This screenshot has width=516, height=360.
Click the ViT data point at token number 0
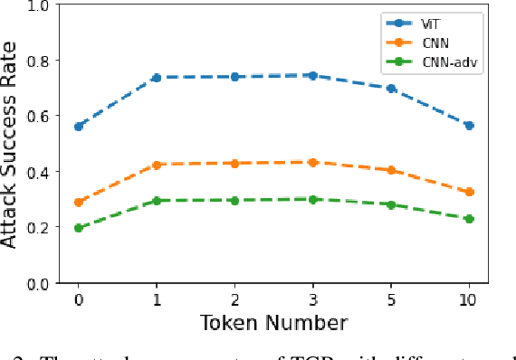(x=79, y=127)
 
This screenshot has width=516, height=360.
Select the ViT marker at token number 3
(x=313, y=76)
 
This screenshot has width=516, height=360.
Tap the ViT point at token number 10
(x=469, y=126)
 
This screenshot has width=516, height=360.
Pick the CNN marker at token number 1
(x=157, y=166)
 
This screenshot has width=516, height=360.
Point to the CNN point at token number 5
(x=391, y=170)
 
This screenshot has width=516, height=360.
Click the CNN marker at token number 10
(x=469, y=193)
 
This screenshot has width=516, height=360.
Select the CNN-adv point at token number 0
(x=79, y=228)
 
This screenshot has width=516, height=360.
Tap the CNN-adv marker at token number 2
(x=234, y=201)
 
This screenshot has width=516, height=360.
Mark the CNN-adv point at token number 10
(x=469, y=219)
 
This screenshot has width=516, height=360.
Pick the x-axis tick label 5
(x=391, y=298)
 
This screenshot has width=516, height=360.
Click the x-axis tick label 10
(x=469, y=298)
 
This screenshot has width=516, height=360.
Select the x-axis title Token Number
(x=273, y=322)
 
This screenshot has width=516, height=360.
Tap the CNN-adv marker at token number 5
(x=391, y=205)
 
